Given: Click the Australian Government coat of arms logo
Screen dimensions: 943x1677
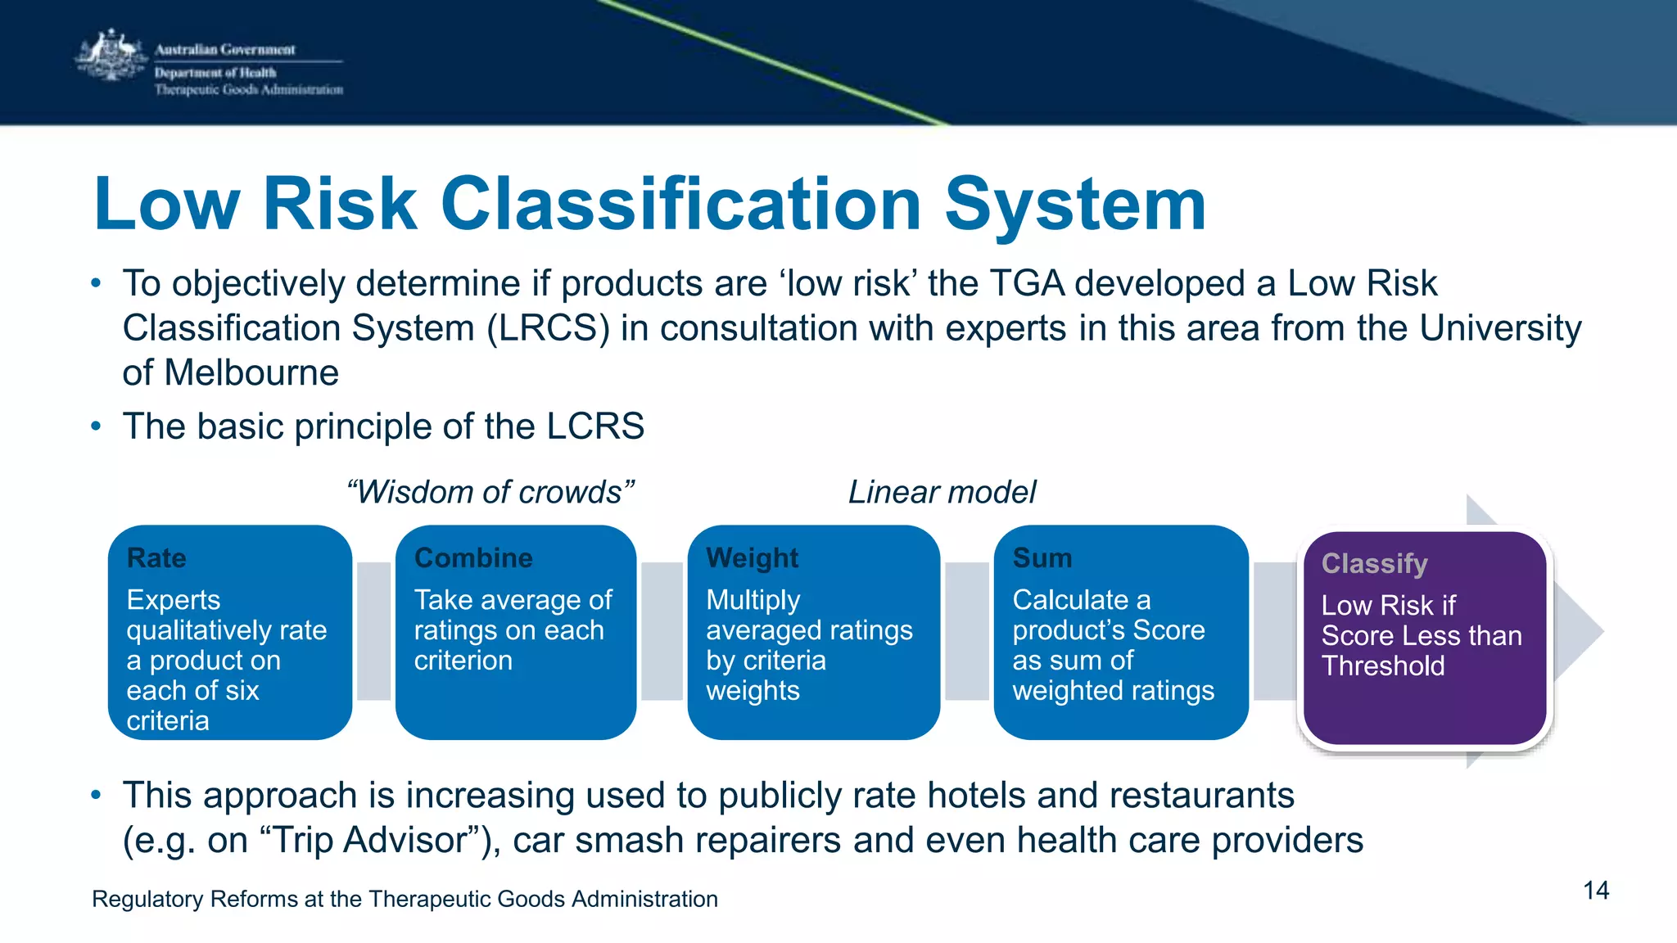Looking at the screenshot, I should coord(111,56).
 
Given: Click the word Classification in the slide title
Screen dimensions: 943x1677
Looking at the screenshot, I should coord(681,204).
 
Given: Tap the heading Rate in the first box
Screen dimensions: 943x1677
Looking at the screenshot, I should coord(156,558).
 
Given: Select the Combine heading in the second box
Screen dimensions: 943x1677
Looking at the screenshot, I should coord(473,558).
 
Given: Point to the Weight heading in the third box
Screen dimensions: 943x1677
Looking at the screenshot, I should coord(752,558).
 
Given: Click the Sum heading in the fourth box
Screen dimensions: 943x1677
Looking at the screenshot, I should coord(1042,558).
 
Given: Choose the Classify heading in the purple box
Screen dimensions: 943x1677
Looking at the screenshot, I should coord(1374,564).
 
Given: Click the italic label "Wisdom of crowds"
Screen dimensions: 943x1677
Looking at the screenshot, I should coord(490,492).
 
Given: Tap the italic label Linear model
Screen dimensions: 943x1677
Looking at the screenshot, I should coord(942,492).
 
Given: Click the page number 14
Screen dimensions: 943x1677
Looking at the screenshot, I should coord(1596,891).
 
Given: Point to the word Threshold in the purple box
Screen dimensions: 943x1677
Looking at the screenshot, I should coord(1383,666).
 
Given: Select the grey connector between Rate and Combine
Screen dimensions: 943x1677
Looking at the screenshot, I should coord(374,631).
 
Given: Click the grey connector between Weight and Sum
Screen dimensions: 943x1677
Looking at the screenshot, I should coord(967,631).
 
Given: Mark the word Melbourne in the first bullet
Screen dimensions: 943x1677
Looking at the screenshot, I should coord(251,373).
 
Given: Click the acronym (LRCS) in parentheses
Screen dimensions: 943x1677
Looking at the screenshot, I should coord(548,328).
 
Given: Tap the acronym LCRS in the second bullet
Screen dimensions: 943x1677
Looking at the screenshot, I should coord(595,426).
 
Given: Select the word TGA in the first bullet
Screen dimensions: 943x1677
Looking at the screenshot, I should coord(1027,284).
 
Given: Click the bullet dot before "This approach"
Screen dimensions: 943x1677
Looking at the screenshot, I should coord(97,795).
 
